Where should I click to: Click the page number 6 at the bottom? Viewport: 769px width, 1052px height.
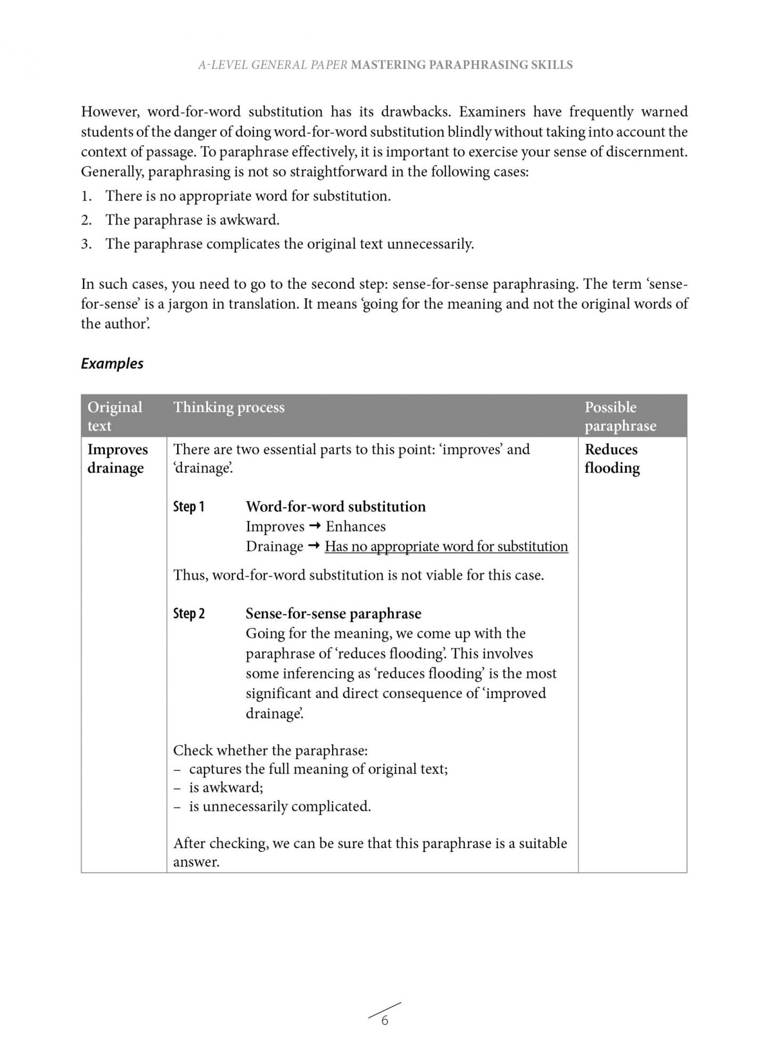pos(385,1020)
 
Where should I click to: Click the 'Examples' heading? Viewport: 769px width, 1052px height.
pos(112,363)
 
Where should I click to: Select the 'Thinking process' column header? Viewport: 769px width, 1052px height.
pos(229,407)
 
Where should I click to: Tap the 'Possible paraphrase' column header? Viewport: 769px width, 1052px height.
pos(620,416)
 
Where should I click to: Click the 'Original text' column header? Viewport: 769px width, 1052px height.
pos(114,416)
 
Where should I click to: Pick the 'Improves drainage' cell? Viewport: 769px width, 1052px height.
pos(117,459)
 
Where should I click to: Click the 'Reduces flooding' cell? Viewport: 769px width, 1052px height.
pos(612,459)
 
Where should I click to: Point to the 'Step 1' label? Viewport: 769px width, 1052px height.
pos(188,507)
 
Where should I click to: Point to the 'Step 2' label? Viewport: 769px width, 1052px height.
pos(188,614)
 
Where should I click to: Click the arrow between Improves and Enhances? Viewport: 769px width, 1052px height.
pos(315,526)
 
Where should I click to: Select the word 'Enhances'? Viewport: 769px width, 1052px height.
pos(355,526)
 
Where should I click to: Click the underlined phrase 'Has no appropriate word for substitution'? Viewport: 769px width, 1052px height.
pos(446,546)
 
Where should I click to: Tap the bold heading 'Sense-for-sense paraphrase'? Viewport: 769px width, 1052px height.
pos(333,614)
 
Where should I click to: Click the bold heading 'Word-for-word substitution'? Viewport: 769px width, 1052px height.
pos(335,507)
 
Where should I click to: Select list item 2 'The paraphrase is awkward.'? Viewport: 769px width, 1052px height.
pos(192,220)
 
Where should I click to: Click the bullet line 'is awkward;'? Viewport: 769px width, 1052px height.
pos(226,788)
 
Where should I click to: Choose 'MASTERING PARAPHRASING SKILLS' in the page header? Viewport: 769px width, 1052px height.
pos(461,65)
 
